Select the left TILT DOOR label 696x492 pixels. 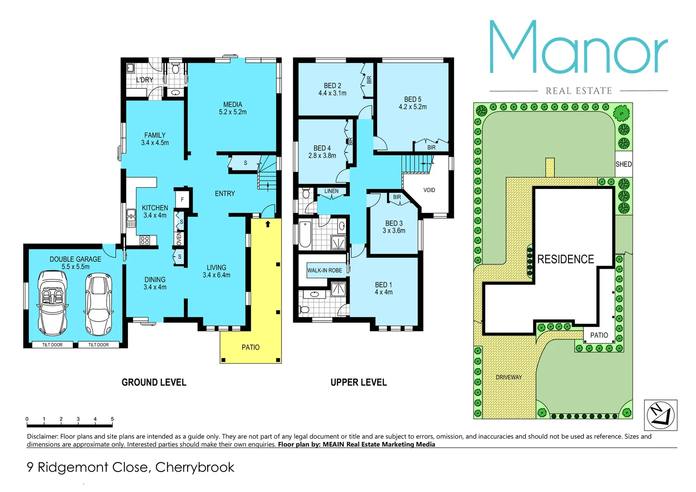tap(52, 345)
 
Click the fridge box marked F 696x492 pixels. tap(182, 200)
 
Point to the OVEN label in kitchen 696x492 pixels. tap(179, 238)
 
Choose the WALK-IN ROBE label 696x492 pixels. tap(324, 270)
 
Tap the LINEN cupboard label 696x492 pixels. tap(331, 191)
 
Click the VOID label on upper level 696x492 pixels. tap(429, 190)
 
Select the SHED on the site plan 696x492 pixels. tap(623, 164)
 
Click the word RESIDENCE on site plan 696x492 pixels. tap(565, 259)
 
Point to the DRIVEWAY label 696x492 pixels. tap(509, 377)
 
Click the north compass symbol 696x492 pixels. tap(660, 415)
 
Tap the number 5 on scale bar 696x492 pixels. tap(112, 419)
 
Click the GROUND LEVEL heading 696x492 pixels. tap(154, 382)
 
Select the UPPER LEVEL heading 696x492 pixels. tap(358, 382)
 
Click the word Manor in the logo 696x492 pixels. tap(578, 48)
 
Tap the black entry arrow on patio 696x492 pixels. tap(268, 224)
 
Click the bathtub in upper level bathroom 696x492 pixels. tap(305, 234)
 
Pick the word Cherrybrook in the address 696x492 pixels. tap(194, 467)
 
